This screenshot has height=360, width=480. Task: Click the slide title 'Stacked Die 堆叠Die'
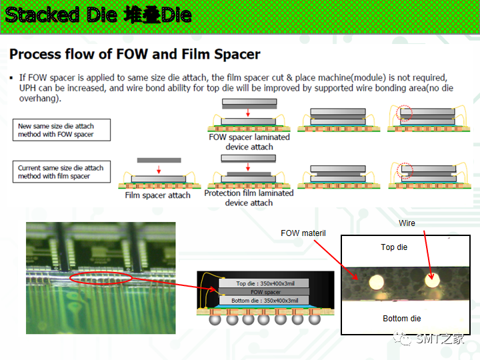coord(99,15)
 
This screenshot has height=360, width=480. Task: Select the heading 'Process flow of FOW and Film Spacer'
coord(135,54)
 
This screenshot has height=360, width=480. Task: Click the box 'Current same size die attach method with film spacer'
coord(61,172)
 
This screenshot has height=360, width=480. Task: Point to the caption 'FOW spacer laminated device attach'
coord(249,141)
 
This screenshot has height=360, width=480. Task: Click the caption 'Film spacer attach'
coord(157,195)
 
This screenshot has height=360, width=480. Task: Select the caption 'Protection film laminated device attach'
coord(249,197)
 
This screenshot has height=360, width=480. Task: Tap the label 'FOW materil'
coord(304,233)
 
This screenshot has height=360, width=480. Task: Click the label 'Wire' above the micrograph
coord(407,223)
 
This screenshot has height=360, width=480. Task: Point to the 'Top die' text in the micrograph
coord(394,247)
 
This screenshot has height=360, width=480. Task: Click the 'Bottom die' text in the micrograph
coord(402,319)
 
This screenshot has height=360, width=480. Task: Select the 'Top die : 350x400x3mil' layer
coord(265,283)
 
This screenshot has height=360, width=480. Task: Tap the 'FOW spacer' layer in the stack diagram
coord(265,292)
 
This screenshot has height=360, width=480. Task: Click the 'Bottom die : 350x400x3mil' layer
coord(265,301)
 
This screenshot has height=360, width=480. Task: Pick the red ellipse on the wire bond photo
coord(100,277)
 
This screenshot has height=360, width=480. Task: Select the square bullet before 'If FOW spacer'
coord(12,79)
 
